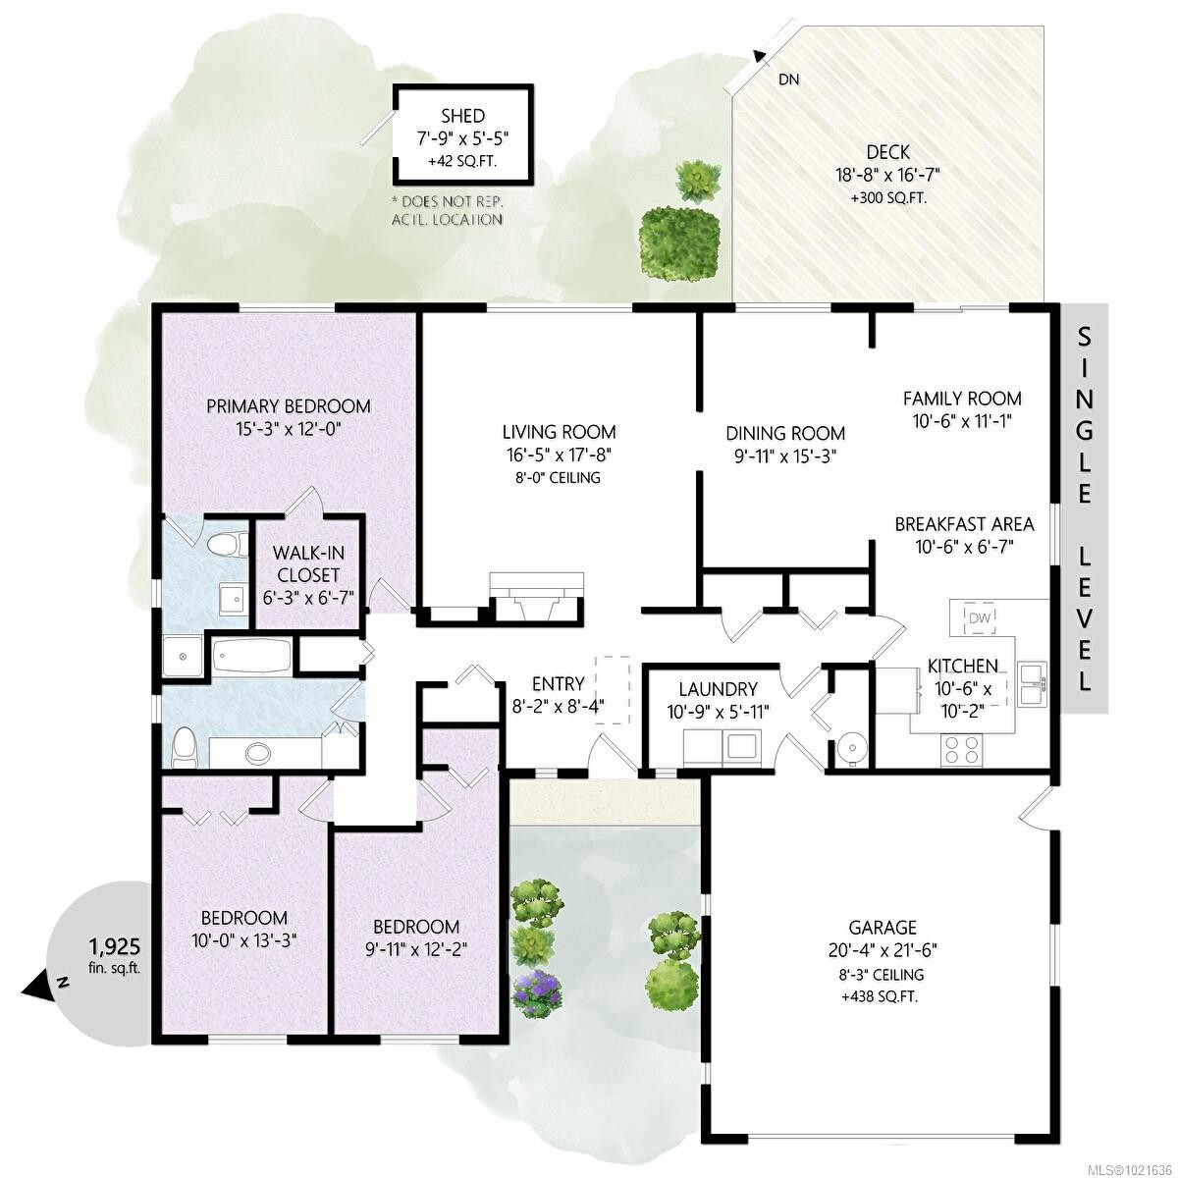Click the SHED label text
(463, 116)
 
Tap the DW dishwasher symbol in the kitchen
(980, 617)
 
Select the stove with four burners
(962, 750)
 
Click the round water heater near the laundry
(851, 748)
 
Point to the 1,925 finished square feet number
(115, 947)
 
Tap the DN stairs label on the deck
(788, 80)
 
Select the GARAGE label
(883, 927)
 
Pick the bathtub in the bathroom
(251, 656)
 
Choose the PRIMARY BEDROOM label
(288, 405)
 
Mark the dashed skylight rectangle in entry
(616, 690)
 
